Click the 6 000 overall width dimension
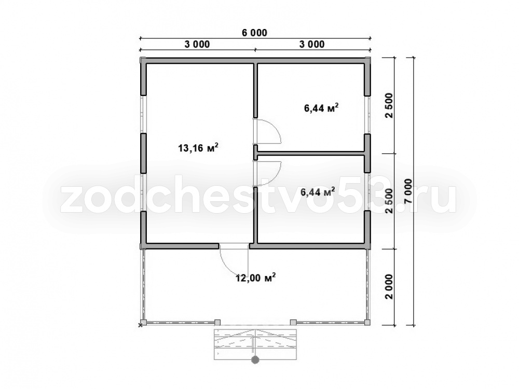coord(254,33)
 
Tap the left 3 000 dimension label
coord(197,44)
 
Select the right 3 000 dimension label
coord(312,44)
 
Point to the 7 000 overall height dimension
coord(408,191)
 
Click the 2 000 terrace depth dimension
coord(389,286)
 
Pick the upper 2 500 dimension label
coord(389,106)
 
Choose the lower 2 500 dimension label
coord(389,201)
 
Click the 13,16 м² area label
coord(198,147)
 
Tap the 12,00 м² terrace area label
coord(256,278)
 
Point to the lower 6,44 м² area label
coord(318,191)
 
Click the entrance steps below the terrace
coord(255,344)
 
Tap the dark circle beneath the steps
coord(255,360)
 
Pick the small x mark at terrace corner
coord(140,325)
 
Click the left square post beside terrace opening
coord(217,322)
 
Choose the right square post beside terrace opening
coord(293,322)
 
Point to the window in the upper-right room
coord(367,115)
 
